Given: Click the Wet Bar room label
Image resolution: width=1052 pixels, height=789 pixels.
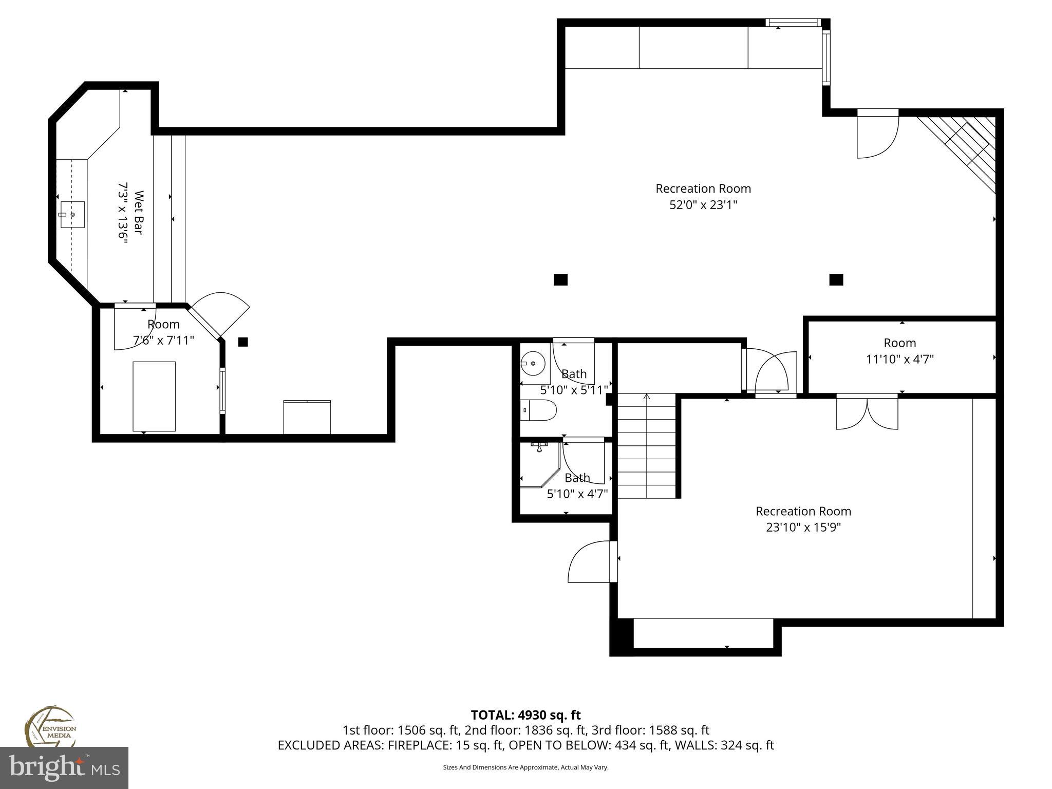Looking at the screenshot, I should pyautogui.click(x=139, y=213).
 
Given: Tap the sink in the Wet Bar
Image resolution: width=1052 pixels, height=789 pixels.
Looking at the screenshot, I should pyautogui.click(x=72, y=214).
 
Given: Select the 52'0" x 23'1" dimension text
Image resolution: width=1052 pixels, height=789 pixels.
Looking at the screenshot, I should pyautogui.click(x=703, y=205).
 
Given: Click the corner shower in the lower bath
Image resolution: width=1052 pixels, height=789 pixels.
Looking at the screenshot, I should pyautogui.click(x=536, y=465).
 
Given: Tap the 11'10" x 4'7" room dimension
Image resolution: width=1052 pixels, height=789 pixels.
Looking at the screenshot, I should pyautogui.click(x=899, y=359).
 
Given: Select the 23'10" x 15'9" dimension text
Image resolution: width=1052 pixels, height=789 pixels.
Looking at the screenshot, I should pyautogui.click(x=803, y=528).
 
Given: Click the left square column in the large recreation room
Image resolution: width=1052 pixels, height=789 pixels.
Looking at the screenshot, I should pyautogui.click(x=560, y=279).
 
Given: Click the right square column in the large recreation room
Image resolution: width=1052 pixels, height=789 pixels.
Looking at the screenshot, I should pyautogui.click(x=836, y=279).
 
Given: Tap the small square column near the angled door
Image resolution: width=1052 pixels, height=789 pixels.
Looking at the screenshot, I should pyautogui.click(x=243, y=342).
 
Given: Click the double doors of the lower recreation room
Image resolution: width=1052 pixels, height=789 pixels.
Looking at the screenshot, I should pyautogui.click(x=867, y=412).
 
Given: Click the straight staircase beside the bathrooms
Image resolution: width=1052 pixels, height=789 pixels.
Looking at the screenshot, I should pyautogui.click(x=646, y=446).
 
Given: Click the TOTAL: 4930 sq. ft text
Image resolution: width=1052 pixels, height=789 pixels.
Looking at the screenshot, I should pyautogui.click(x=525, y=715).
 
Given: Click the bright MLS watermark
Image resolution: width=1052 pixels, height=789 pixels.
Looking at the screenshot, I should pyautogui.click(x=64, y=767).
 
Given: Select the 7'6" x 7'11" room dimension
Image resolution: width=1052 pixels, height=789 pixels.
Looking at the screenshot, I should pyautogui.click(x=163, y=340).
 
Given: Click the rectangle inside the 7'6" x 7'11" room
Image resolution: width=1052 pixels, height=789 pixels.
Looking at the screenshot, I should pyautogui.click(x=154, y=396).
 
